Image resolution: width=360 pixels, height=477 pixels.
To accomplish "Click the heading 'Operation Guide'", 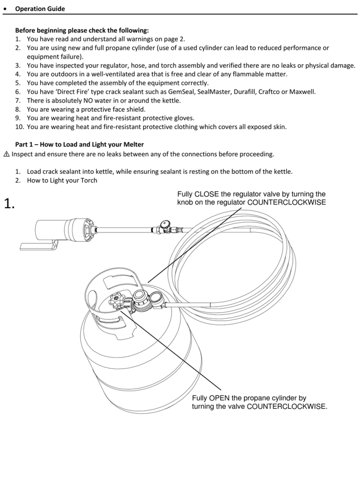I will point(40,9).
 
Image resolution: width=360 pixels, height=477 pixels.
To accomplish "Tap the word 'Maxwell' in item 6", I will point(302,92).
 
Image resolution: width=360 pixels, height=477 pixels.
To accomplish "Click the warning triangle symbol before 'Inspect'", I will point(6,155).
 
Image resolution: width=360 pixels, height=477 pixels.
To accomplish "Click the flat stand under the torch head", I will point(37,245).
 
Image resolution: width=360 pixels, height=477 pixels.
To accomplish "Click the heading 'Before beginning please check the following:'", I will point(82,31).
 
